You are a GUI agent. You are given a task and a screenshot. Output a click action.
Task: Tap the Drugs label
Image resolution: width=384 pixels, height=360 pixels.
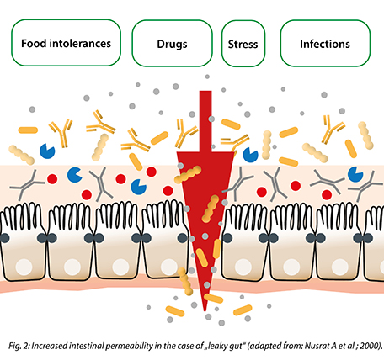tap(172, 45)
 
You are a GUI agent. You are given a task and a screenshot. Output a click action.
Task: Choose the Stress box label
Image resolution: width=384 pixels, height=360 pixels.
tap(243, 45)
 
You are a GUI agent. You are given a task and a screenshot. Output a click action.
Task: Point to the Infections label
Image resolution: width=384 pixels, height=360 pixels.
tap(325, 44)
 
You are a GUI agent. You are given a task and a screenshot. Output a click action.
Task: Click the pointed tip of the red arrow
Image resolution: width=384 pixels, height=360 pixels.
tap(205, 310)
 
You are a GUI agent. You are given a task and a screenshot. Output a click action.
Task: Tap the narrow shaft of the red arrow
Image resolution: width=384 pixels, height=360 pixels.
tap(205, 121)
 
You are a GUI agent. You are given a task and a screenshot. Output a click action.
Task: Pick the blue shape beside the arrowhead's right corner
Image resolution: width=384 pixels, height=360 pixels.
tap(250, 155)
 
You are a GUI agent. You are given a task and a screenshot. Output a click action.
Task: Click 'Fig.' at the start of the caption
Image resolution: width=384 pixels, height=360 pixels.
tap(13, 346)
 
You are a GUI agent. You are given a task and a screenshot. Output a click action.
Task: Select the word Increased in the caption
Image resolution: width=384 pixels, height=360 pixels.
tap(49, 346)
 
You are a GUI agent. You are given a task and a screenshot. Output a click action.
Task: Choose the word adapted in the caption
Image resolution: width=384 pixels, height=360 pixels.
tap(264, 346)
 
